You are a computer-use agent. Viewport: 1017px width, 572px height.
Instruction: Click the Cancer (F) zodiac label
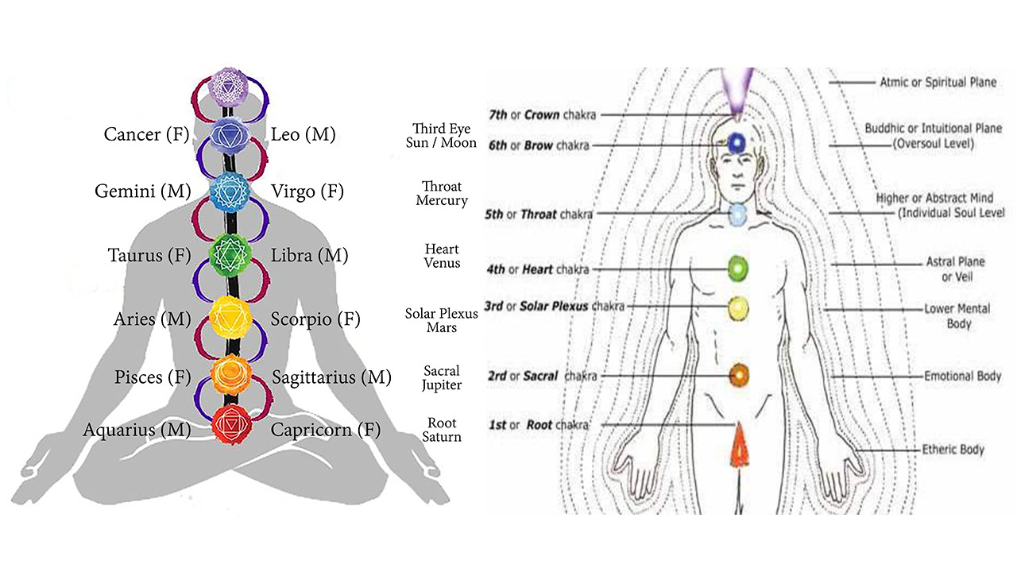[x=146, y=134]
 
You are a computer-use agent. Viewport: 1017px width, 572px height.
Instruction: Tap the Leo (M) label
[x=304, y=134]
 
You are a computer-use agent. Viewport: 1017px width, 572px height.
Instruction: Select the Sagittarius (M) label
[x=331, y=377]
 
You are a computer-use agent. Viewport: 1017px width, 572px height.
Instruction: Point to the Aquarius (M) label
[x=137, y=430]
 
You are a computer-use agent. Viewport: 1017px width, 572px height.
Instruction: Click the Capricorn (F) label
[x=326, y=430]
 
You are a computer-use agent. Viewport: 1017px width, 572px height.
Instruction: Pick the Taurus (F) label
[x=149, y=256]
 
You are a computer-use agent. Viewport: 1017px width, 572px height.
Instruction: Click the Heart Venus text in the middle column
[x=442, y=256]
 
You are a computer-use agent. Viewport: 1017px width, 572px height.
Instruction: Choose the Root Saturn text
[x=442, y=430]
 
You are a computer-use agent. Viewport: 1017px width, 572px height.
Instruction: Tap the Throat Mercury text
[x=442, y=193]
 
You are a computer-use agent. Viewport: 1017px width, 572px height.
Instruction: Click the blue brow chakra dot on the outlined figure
[x=738, y=142]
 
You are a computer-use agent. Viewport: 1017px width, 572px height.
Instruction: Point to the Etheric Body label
[x=953, y=450]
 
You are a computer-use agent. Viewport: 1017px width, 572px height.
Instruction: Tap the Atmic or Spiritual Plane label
[x=938, y=82]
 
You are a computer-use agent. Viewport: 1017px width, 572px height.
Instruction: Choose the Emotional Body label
[x=962, y=376]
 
